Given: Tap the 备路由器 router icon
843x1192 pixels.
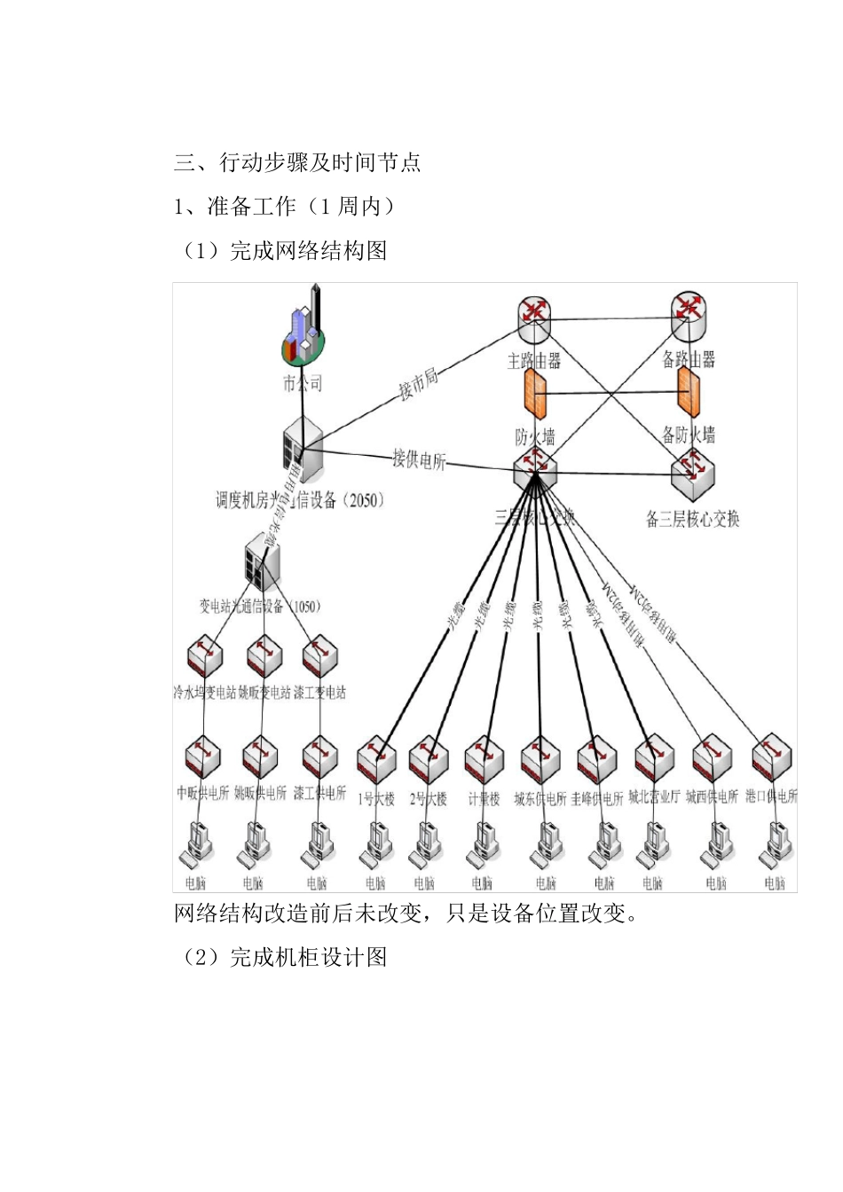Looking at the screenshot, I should click(689, 317).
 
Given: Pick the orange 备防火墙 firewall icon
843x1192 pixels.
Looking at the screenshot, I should click(689, 391).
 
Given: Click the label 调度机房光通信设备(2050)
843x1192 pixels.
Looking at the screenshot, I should click(301, 500).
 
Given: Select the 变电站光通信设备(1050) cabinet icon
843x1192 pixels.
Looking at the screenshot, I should click(262, 562).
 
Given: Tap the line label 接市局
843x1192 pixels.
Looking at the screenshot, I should click(418, 384).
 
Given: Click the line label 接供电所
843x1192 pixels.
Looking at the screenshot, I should click(419, 460).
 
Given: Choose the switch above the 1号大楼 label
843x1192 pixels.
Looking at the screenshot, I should click(376, 759).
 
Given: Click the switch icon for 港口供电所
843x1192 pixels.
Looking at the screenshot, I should click(771, 757).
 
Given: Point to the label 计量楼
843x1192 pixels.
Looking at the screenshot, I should click(484, 798).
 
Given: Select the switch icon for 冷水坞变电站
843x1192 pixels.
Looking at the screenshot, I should click(205, 657).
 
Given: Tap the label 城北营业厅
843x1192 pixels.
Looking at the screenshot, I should click(654, 796).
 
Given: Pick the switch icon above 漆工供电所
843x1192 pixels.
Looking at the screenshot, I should click(319, 756).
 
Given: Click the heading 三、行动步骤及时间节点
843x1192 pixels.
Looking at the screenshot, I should click(296, 162).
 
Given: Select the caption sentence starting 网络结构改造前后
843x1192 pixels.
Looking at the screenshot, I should click(405, 913).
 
